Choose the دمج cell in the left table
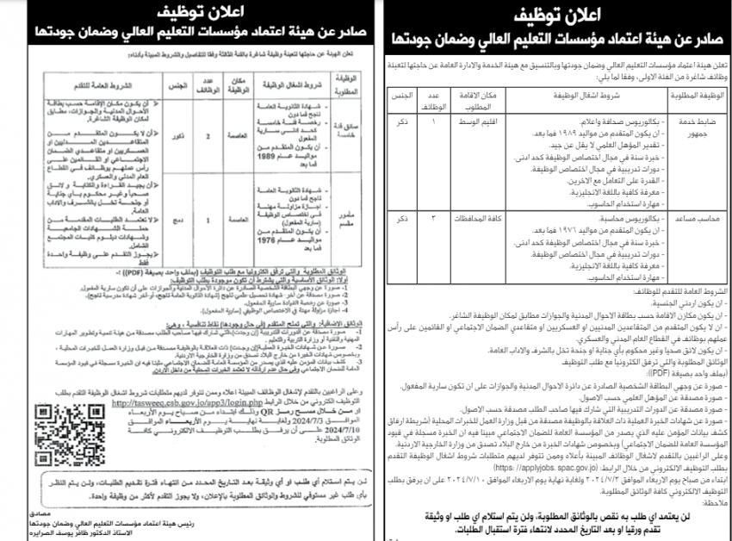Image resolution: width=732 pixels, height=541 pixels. coord(174,222)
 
